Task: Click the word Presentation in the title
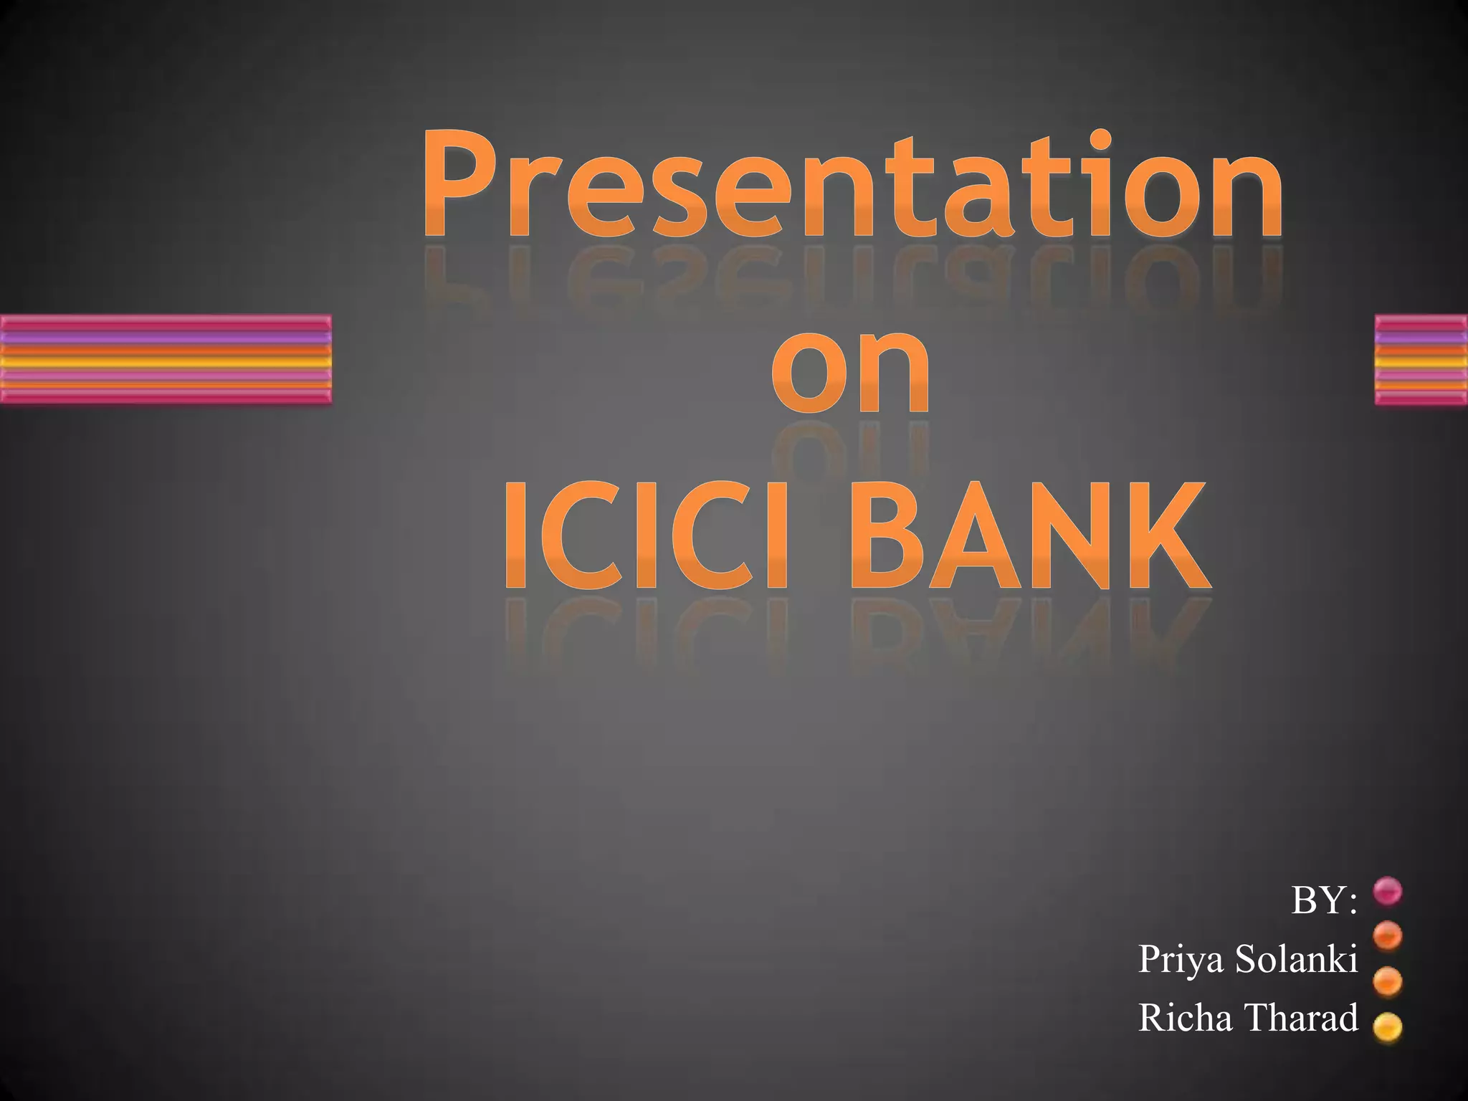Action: (852, 185)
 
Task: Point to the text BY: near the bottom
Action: (1323, 900)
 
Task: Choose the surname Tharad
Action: (1302, 1016)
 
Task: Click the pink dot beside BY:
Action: (1388, 891)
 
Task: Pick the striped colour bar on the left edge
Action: (165, 359)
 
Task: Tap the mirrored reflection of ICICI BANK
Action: (857, 631)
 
